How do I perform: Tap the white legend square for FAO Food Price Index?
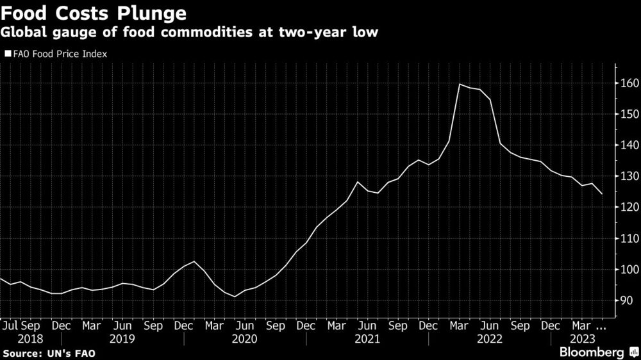point(8,54)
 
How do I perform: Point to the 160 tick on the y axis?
point(628,83)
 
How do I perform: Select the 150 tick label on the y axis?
point(628,114)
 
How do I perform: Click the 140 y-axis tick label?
point(628,145)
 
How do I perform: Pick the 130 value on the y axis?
point(628,176)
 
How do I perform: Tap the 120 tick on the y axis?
point(628,208)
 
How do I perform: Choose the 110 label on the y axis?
point(628,238)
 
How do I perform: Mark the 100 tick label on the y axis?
point(628,270)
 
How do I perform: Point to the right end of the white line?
point(601,193)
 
